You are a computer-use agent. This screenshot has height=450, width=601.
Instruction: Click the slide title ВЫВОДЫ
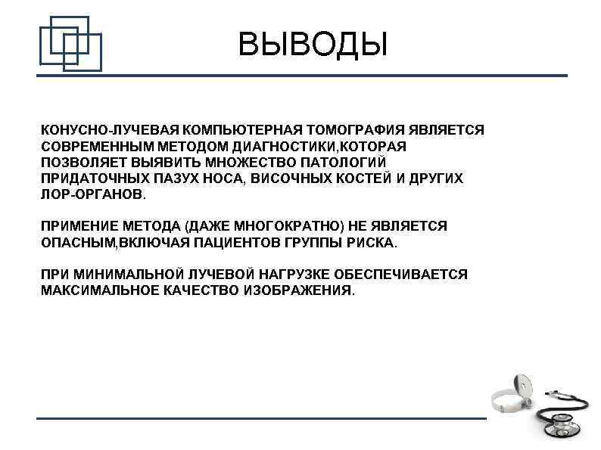[x=312, y=44]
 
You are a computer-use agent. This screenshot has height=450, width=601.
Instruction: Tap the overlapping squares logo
[x=70, y=42]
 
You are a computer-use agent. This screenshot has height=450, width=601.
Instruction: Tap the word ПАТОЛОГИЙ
[x=347, y=162]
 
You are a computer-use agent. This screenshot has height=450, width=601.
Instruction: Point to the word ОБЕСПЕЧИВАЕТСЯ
[x=400, y=275]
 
